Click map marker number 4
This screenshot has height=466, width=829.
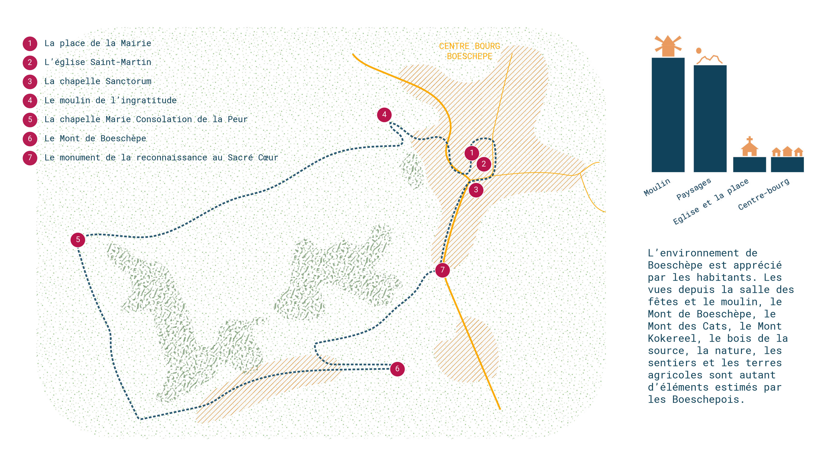pos(384,115)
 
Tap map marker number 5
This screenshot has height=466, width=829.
pos(78,240)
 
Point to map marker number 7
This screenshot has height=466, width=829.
pos(443,270)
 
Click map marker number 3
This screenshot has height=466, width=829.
pos(476,190)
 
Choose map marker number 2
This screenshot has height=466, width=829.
pos(484,164)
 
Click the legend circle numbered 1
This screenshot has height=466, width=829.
pos(30,43)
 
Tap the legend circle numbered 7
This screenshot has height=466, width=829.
pos(30,157)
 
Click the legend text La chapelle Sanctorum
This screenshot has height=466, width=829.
pos(98,81)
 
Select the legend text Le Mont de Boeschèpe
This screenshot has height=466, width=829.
pos(95,138)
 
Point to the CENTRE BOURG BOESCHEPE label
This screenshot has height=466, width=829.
pos(470,51)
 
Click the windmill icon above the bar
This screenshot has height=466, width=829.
pos(668,46)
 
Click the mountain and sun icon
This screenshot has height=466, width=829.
pos(709,56)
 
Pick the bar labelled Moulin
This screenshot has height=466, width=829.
pos(668,115)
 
